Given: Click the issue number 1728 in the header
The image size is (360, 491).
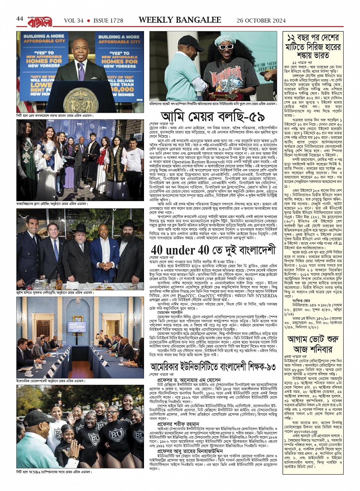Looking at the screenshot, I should tap(117, 20).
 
